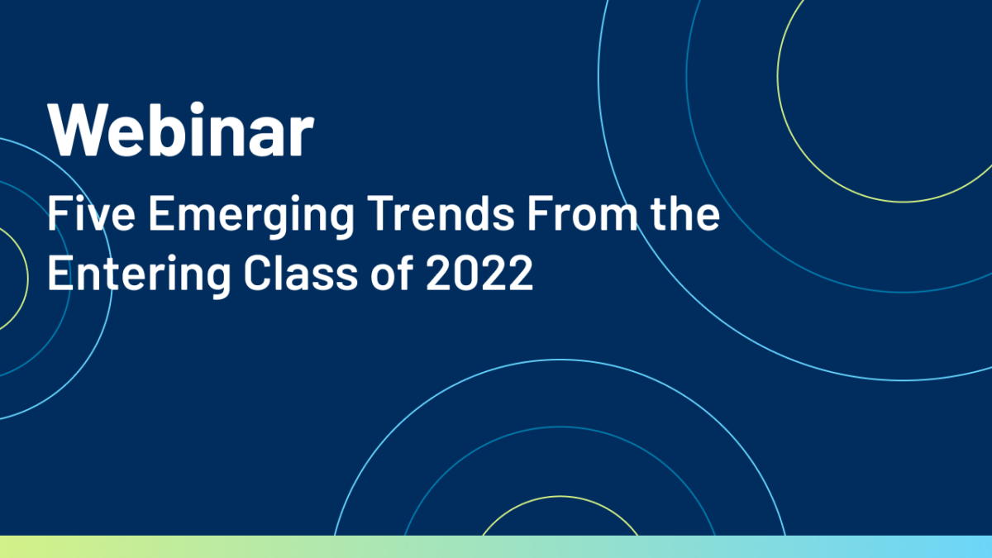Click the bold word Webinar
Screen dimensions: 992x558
pyautogui.click(x=181, y=129)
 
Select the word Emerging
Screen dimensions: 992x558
pyautogui.click(x=251, y=217)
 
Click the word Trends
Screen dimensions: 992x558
pyautogui.click(x=441, y=213)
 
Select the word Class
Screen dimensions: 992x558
pyautogui.click(x=300, y=273)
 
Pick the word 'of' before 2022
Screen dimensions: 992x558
pyautogui.click(x=392, y=273)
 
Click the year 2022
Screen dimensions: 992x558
pyautogui.click(x=479, y=273)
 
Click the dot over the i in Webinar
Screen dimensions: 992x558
pyautogui.click(x=196, y=108)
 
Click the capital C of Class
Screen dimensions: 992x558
pyautogui.click(x=257, y=274)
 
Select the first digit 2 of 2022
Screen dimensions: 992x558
pyautogui.click(x=439, y=273)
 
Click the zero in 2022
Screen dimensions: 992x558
pyautogui.click(x=466, y=274)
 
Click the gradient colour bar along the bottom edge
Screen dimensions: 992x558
pyautogui.click(x=496, y=547)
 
